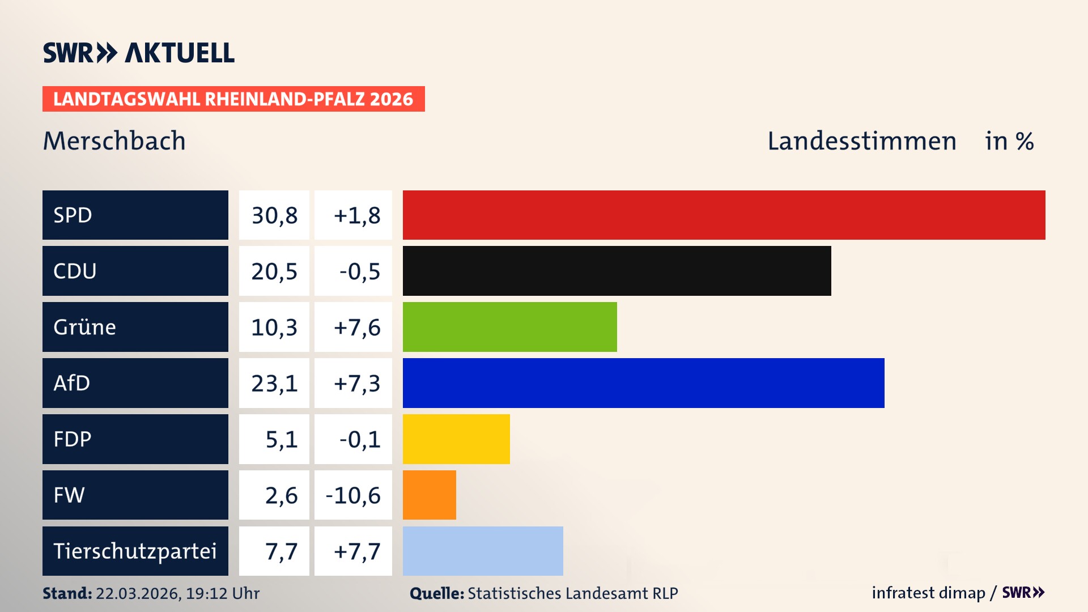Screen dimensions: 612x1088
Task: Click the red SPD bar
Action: pyautogui.click(x=724, y=215)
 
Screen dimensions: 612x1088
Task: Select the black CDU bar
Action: pyautogui.click(x=617, y=271)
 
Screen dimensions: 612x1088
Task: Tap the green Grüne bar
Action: pyautogui.click(x=509, y=327)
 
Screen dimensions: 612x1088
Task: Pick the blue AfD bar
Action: pyautogui.click(x=643, y=383)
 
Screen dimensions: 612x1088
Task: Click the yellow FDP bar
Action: pyautogui.click(x=456, y=439)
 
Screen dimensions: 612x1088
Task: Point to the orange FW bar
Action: pyautogui.click(x=429, y=495)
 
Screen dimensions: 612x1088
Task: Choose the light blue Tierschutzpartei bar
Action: pyautogui.click(x=483, y=551)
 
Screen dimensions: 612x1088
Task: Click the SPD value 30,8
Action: pyautogui.click(x=274, y=215)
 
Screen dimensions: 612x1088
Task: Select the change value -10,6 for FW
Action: pyautogui.click(x=353, y=495)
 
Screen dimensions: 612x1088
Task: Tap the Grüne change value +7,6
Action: pyautogui.click(x=356, y=328)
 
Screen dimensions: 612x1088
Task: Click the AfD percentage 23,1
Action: pyautogui.click(x=274, y=384)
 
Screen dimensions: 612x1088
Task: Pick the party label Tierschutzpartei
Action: pyautogui.click(x=135, y=551)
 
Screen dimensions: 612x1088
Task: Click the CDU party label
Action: pyautogui.click(x=75, y=271)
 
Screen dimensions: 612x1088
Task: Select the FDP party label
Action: pyautogui.click(x=73, y=439)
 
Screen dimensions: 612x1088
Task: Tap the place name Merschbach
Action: pyautogui.click(x=114, y=141)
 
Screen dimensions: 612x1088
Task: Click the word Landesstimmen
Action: pyautogui.click(x=861, y=141)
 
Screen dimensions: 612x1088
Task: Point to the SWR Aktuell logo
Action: pyautogui.click(x=139, y=53)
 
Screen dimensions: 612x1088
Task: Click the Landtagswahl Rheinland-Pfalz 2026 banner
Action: pyautogui.click(x=233, y=99)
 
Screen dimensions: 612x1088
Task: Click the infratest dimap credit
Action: pyautogui.click(x=928, y=593)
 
